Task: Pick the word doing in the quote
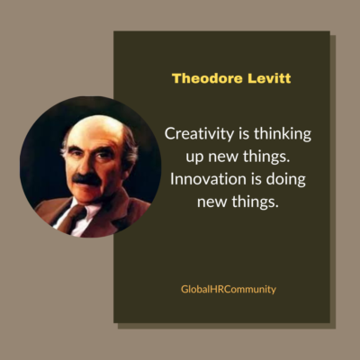[285, 178]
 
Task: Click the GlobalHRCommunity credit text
[228, 289]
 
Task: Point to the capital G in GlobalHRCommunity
[183, 289]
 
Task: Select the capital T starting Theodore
[176, 78]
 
